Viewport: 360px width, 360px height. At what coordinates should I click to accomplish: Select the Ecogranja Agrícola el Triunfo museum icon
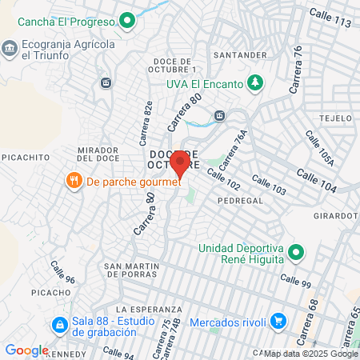coord(10,49)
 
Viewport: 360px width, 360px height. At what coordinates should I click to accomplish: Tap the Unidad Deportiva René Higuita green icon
coord(296,253)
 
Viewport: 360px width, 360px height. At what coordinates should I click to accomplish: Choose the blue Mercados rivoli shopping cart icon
coord(278,321)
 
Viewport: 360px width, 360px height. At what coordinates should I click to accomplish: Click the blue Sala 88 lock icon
coord(58,326)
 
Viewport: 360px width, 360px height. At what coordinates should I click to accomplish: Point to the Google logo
coord(26,350)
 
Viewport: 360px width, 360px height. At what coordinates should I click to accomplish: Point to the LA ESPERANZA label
coord(143,309)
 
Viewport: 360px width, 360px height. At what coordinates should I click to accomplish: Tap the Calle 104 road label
coord(316,178)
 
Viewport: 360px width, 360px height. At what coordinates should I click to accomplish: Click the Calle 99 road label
coord(295,281)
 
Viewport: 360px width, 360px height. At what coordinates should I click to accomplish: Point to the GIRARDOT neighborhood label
coord(335,216)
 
